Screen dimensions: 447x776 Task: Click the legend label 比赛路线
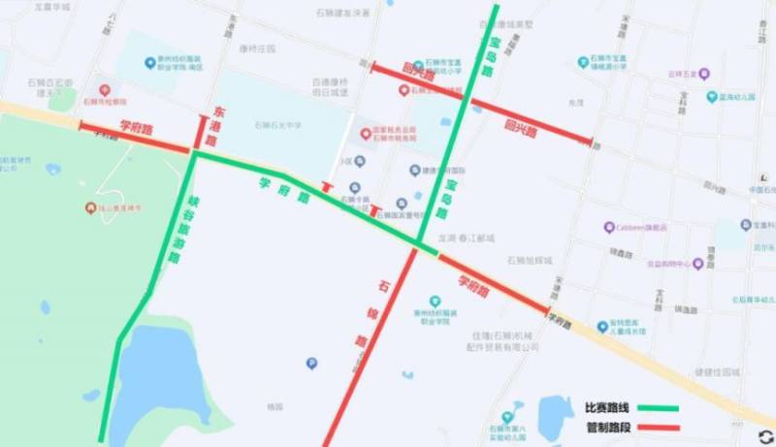pyautogui.click(x=606, y=408)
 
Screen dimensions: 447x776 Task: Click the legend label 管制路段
pyautogui.click(x=606, y=427)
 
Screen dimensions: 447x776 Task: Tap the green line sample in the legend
pyautogui.click(x=660, y=408)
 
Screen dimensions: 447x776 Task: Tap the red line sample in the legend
pyautogui.click(x=660, y=428)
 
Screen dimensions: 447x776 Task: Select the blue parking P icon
pyautogui.click(x=311, y=364)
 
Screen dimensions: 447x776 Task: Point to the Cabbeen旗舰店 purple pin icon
pyautogui.click(x=609, y=228)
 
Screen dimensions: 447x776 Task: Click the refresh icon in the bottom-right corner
pyautogui.click(x=765, y=436)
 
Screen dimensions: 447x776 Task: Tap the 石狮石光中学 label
pyautogui.click(x=278, y=125)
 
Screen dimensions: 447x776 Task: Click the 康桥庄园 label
pyautogui.click(x=257, y=47)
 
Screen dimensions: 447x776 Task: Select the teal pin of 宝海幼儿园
pyautogui.click(x=712, y=97)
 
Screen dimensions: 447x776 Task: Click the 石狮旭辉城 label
pyautogui.click(x=528, y=261)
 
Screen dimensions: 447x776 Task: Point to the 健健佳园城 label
pyautogui.click(x=719, y=371)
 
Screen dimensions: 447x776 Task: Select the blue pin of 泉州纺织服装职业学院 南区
pyautogui.click(x=149, y=61)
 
